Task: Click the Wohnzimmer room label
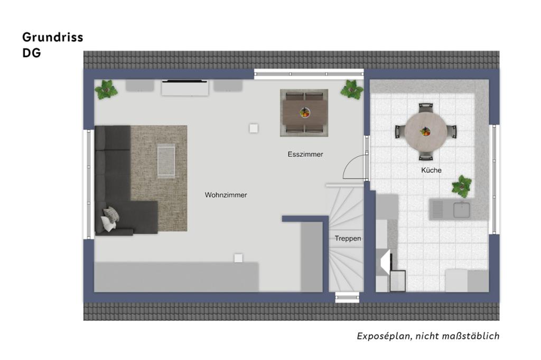(226, 195)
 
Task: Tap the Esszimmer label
(305, 154)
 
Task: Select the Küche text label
(431, 170)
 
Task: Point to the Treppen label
(348, 238)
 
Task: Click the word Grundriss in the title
(53, 37)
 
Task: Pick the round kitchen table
(426, 131)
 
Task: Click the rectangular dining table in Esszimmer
(304, 113)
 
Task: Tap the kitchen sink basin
(461, 210)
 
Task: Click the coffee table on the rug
(166, 161)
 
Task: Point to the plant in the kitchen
(462, 186)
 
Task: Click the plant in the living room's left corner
(106, 90)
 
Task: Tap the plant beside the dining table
(352, 90)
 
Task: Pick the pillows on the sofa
(110, 219)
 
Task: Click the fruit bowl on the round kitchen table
(425, 131)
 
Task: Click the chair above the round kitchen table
(426, 107)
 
